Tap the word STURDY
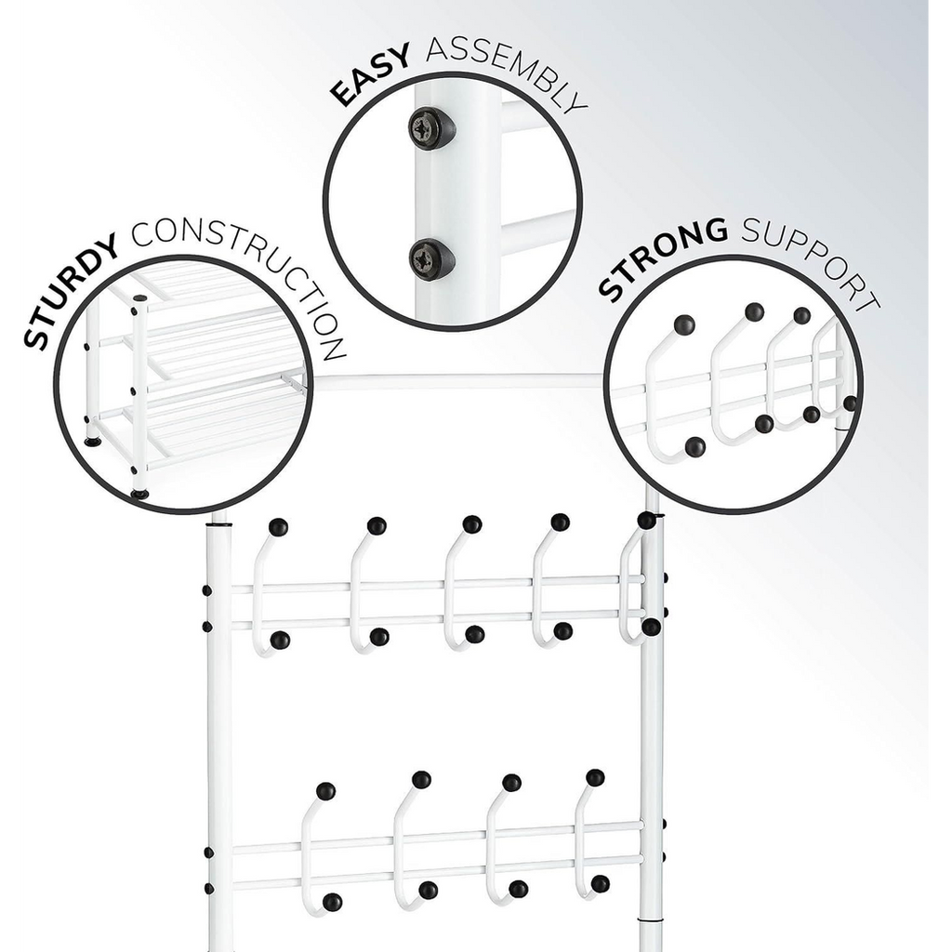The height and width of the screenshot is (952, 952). click(70, 290)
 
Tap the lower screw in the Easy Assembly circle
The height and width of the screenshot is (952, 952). click(431, 258)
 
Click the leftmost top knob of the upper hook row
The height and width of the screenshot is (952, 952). click(278, 527)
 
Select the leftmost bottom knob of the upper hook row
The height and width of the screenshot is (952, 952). click(279, 640)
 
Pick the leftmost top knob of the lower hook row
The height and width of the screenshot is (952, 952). click(326, 791)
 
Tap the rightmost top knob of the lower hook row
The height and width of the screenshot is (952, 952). click(595, 778)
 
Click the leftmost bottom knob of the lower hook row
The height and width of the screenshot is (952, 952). click(332, 902)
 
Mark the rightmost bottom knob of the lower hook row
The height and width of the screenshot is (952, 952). click(600, 884)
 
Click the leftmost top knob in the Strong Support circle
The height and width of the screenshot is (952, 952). click(684, 324)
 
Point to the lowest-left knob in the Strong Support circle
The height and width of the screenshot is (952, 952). click(695, 447)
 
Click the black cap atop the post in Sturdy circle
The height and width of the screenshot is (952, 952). click(139, 298)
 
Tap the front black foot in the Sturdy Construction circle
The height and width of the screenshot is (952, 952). click(139, 495)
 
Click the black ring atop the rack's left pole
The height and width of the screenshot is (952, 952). click(218, 522)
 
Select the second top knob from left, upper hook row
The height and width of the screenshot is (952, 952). click(377, 526)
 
